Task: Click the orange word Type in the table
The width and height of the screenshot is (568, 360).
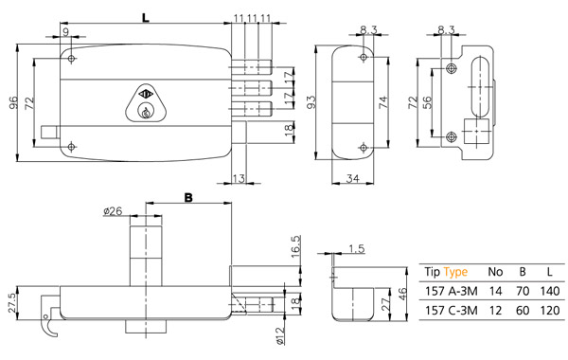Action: pos(455,272)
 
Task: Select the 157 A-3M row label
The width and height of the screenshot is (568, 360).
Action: pos(452,291)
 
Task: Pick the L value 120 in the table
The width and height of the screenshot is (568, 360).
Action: pos(550,311)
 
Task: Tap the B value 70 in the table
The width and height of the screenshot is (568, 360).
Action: pos(523,291)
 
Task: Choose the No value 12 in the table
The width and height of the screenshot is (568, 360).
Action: pos(495,311)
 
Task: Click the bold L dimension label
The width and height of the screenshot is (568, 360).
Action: pos(146,17)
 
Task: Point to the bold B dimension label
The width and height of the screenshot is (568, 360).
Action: pos(188,198)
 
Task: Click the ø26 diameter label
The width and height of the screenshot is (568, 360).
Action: pos(113,211)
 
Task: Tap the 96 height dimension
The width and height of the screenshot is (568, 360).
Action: pos(12,102)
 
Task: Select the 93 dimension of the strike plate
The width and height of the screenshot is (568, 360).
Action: pos(311,102)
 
